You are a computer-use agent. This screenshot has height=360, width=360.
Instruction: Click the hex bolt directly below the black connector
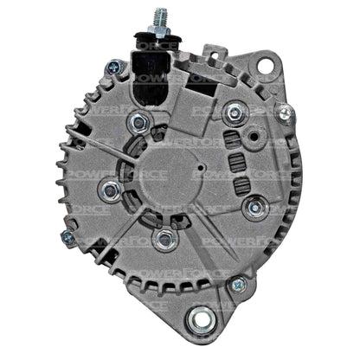tap(136, 122)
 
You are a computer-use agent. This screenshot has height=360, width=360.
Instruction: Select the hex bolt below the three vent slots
tap(253, 207)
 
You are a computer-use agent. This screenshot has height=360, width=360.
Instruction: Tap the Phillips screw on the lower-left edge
tap(67, 236)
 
